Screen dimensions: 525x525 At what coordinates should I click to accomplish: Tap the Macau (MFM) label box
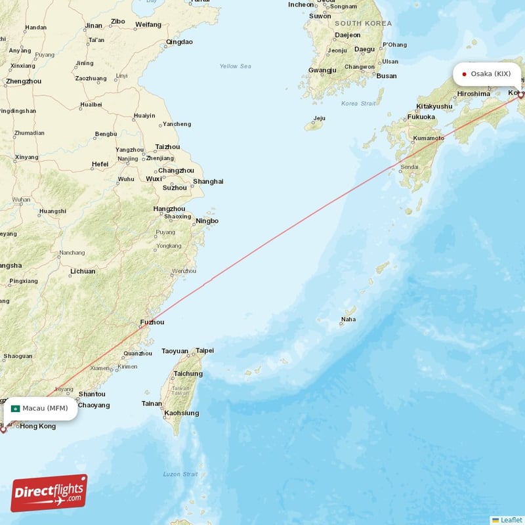click(41, 408)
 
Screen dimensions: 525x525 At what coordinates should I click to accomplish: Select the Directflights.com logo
click(49, 493)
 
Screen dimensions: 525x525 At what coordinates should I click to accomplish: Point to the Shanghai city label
click(208, 182)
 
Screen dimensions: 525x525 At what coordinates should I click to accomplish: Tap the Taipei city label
click(205, 351)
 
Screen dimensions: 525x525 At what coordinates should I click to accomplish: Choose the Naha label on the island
click(348, 320)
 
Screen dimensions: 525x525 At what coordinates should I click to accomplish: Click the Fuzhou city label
click(152, 322)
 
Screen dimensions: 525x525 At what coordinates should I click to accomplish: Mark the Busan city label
click(387, 76)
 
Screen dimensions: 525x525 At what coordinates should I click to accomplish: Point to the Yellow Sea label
click(235, 66)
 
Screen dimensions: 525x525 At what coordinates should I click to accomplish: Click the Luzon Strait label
click(180, 474)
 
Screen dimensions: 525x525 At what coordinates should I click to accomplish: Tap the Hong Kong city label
click(38, 427)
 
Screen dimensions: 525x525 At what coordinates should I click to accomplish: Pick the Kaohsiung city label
click(182, 413)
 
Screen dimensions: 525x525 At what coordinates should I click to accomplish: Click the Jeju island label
click(320, 119)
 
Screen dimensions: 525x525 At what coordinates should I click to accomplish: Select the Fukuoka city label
click(421, 117)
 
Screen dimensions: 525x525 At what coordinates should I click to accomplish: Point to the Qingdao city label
click(179, 42)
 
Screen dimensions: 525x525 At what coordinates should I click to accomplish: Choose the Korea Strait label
click(358, 104)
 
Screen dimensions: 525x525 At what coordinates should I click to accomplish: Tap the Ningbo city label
click(207, 221)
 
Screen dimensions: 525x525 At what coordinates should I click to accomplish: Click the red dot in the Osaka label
click(464, 73)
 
